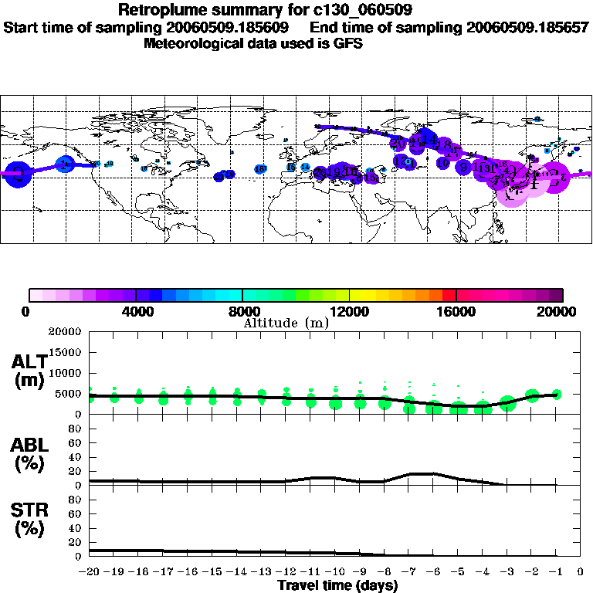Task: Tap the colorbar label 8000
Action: coord(242,312)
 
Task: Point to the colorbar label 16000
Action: coord(457,312)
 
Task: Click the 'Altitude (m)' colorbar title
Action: coord(286,323)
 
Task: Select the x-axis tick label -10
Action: coord(334,572)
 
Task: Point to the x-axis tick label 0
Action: coord(581,572)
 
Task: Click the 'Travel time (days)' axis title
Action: coord(337,586)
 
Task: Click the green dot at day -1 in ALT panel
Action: coord(556,395)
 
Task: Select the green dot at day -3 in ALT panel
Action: coord(507,402)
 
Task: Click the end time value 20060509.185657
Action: coord(525,27)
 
